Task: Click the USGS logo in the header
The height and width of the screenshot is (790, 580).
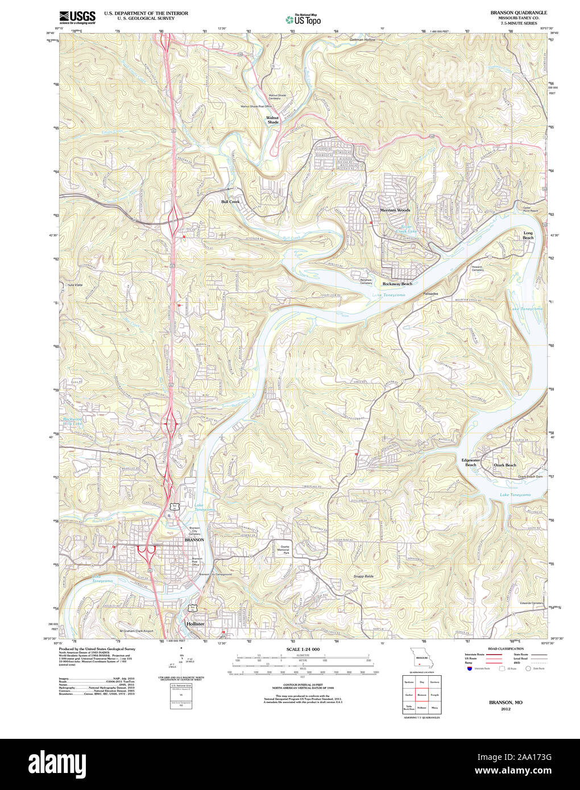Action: click(77, 17)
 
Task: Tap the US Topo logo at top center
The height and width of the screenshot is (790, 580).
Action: click(303, 19)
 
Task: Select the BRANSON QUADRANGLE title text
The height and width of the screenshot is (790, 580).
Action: click(511, 13)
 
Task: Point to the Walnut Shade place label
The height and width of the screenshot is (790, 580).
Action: click(273, 120)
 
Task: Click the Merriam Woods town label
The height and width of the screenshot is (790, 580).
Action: click(395, 210)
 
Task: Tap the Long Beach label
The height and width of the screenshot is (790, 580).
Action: click(528, 235)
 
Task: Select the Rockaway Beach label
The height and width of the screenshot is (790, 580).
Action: click(397, 284)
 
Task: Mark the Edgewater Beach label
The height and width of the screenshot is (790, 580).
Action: click(471, 463)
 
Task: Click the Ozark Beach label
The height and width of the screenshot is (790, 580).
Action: click(505, 465)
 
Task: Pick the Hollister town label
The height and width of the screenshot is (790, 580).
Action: click(195, 623)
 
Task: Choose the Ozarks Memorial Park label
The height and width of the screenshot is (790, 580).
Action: click(283, 550)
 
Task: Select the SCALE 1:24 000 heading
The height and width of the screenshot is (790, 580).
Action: click(303, 649)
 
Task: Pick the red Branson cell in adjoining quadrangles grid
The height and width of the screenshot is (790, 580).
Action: click(421, 695)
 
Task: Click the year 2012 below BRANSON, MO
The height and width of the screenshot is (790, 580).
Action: click(506, 709)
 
